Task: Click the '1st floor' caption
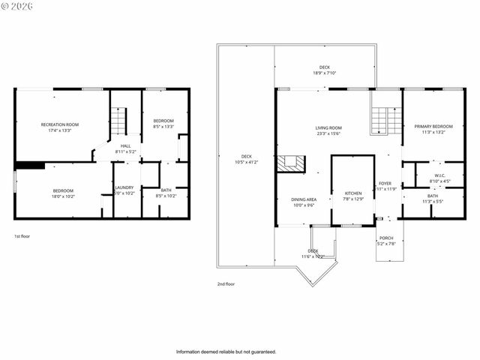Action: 22,236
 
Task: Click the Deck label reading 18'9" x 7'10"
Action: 325,70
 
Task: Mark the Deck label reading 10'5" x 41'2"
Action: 246,159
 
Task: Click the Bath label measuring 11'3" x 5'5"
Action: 433,199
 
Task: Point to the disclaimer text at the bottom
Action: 226,351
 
